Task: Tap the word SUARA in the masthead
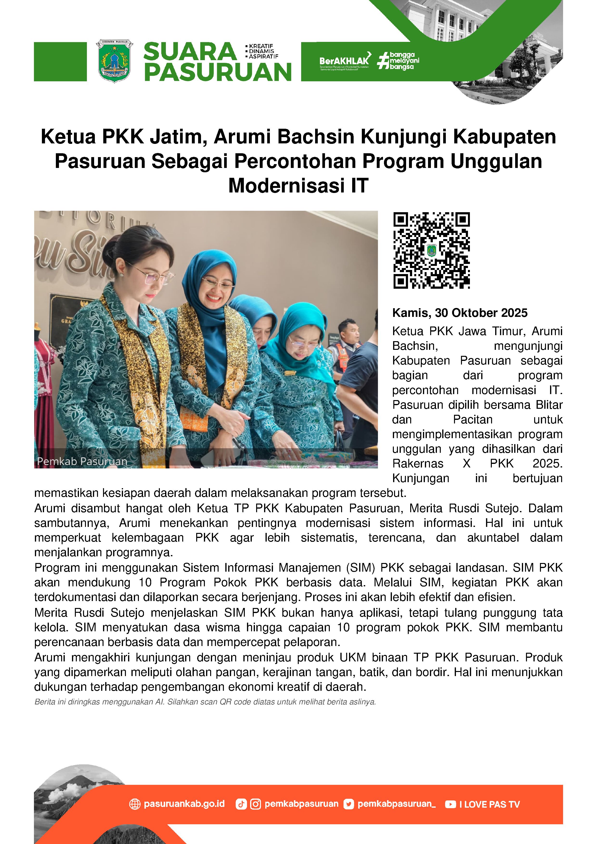point(190,52)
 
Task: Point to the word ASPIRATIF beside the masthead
point(263,57)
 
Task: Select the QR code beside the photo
point(431,250)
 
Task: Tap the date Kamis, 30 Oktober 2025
point(460,313)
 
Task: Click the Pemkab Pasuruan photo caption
point(82,461)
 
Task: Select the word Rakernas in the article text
point(417,464)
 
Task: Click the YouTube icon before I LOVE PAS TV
point(450,804)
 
